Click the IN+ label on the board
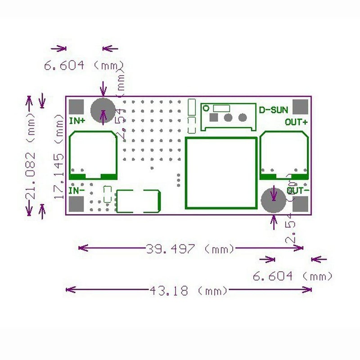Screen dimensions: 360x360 [x=77, y=121]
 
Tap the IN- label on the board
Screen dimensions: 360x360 [x=76, y=190]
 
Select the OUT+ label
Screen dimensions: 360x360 [x=296, y=121]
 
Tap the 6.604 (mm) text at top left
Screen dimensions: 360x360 [x=83, y=65]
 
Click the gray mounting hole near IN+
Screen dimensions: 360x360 [x=103, y=110]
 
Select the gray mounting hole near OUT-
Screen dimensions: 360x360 [x=273, y=199]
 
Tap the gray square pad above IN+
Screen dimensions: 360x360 [x=76, y=107]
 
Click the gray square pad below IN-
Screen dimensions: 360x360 [x=76, y=205]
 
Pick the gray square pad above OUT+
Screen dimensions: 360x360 [x=301, y=107]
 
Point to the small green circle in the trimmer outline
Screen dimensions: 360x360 [x=206, y=108]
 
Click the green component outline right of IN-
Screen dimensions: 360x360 [x=138, y=201]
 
